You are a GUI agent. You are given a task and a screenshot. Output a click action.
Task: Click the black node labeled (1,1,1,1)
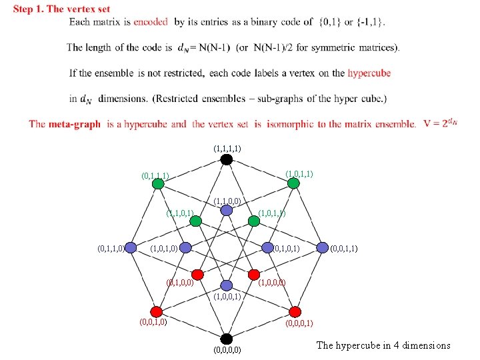(227, 159)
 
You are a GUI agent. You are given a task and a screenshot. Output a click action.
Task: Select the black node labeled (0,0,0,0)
(227, 338)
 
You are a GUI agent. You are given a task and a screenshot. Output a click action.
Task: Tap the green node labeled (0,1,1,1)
(157, 184)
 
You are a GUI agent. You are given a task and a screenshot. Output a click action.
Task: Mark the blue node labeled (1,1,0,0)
(227, 210)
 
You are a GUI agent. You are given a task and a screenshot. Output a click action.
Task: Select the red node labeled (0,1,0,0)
(197, 274)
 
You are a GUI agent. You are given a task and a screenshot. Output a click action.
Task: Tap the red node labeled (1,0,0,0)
(255, 274)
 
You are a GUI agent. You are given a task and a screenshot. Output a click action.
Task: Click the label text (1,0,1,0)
(164, 249)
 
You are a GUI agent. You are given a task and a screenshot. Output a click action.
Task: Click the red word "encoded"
(151, 21)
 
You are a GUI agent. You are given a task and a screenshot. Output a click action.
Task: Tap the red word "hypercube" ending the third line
(369, 73)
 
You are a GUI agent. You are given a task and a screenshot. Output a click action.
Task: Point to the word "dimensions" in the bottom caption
(425, 345)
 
